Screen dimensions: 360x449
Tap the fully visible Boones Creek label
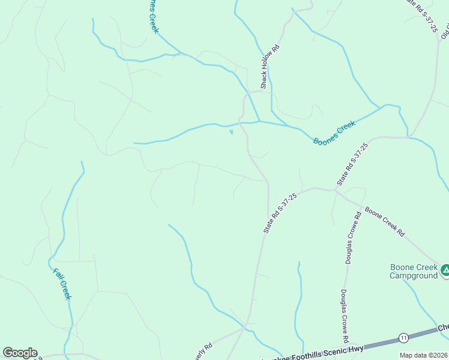pos(334,132)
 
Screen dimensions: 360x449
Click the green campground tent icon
pos(445,271)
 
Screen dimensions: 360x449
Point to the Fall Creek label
pos(62,283)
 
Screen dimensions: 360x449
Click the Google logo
pos(20,353)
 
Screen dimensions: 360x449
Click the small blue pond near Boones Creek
pos(231,132)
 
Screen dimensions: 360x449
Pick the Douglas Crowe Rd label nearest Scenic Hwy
pos(346,316)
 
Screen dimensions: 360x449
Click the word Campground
pos(414,275)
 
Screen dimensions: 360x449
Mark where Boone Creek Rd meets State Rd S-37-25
pos(336,191)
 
